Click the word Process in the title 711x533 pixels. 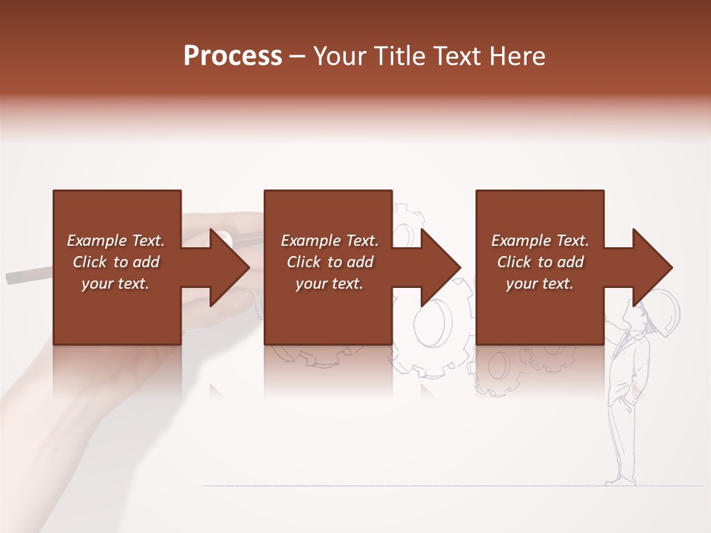tap(233, 56)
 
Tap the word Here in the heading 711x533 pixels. tap(518, 56)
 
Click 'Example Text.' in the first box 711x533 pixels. tap(116, 241)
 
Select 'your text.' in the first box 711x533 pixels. tap(116, 284)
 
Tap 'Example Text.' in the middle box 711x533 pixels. tap(330, 241)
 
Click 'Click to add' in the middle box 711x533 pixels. tap(330, 262)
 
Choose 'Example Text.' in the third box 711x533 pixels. tap(540, 241)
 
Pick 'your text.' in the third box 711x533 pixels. tap(540, 284)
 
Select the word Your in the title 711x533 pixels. tap(338, 56)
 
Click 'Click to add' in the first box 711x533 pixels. tap(116, 262)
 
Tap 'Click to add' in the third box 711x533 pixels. tap(540, 262)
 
